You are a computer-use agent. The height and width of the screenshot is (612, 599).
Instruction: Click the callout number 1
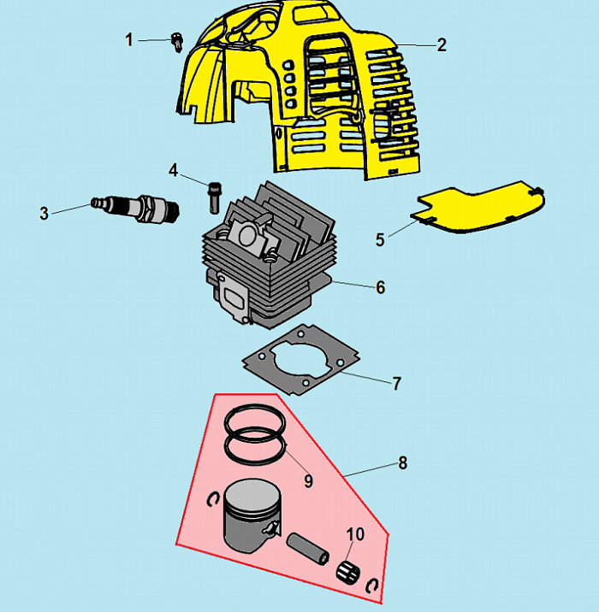point(129,40)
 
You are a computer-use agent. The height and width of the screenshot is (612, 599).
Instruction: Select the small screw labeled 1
point(178,42)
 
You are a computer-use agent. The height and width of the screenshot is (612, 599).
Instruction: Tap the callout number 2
point(442,45)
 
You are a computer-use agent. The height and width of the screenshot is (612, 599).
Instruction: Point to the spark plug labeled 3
point(135,209)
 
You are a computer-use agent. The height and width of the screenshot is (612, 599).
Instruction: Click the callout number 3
point(44,214)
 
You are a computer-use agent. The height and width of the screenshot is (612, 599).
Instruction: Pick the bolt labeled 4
point(214,197)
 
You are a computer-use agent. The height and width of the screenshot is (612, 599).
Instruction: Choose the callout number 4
point(173,171)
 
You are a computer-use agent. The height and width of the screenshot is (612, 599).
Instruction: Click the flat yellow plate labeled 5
point(477,207)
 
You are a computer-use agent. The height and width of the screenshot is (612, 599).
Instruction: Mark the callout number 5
point(380,239)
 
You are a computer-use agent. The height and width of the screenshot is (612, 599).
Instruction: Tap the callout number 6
point(380,288)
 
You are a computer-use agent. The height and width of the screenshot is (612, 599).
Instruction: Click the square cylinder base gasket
point(301,360)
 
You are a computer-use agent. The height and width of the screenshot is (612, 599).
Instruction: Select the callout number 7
point(396,384)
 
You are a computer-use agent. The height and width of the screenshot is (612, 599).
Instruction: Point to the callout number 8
point(402,463)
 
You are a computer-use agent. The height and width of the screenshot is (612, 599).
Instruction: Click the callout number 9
point(309,481)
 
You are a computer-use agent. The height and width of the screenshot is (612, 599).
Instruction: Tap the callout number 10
point(356,534)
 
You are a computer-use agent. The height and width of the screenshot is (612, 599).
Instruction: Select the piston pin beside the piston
point(308,549)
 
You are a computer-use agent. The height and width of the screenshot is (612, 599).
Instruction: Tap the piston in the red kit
point(252,515)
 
